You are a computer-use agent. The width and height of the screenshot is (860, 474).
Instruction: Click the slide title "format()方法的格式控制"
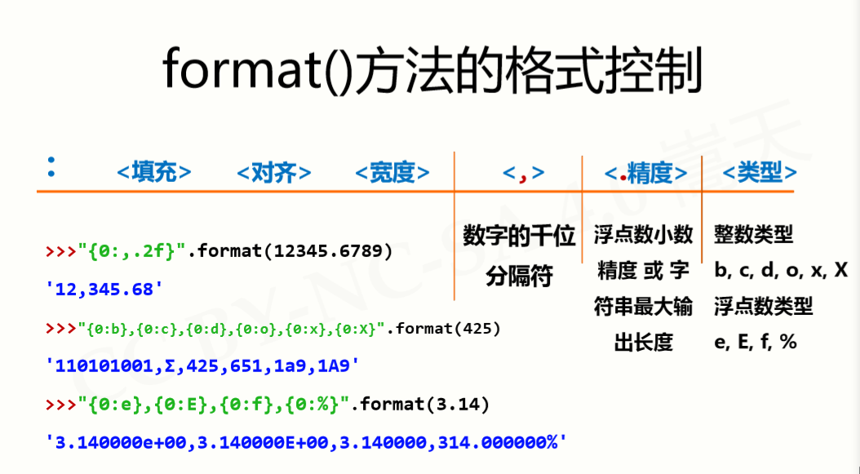click(432, 71)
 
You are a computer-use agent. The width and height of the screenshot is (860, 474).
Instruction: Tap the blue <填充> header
click(154, 172)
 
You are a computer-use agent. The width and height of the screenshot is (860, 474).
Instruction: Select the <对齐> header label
click(273, 172)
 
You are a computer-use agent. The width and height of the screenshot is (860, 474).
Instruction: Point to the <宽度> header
click(392, 172)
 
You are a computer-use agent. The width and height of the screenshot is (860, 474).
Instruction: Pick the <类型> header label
click(760, 172)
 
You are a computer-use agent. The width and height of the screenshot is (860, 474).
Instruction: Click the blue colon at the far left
click(51, 166)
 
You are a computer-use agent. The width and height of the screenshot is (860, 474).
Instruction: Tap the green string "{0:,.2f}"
click(133, 250)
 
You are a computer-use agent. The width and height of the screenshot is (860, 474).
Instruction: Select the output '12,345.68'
click(104, 289)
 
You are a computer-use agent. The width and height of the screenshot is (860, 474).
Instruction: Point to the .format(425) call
click(443, 328)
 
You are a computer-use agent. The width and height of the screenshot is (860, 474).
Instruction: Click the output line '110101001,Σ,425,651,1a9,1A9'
click(203, 365)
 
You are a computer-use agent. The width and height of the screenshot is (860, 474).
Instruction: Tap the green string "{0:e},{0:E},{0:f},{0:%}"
click(214, 405)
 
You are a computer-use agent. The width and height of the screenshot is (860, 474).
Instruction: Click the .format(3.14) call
click(419, 405)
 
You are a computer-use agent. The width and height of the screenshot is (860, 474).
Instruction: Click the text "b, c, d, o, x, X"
click(781, 271)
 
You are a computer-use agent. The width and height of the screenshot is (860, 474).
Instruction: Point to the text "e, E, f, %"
click(756, 342)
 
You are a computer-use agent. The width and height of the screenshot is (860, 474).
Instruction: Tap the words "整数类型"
click(754, 235)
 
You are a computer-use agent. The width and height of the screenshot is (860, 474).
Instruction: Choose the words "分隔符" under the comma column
click(519, 276)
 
